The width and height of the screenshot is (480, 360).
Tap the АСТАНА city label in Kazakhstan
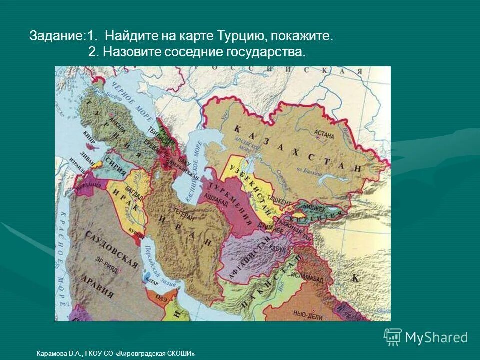coord(324,134)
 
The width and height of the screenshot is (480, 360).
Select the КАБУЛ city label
coord(277,249)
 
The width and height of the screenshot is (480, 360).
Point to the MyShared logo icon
coord(393,337)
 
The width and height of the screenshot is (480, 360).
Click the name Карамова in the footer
coord(52,353)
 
